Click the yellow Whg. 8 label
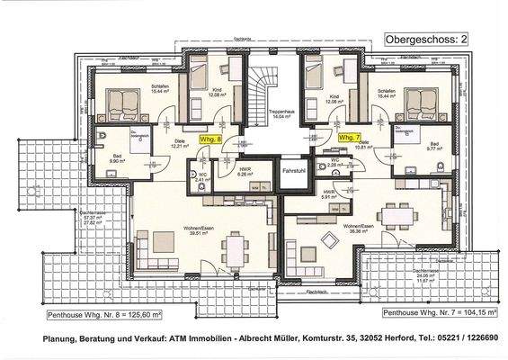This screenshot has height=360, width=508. click(210, 139)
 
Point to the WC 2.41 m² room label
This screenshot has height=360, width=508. click(202, 177)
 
